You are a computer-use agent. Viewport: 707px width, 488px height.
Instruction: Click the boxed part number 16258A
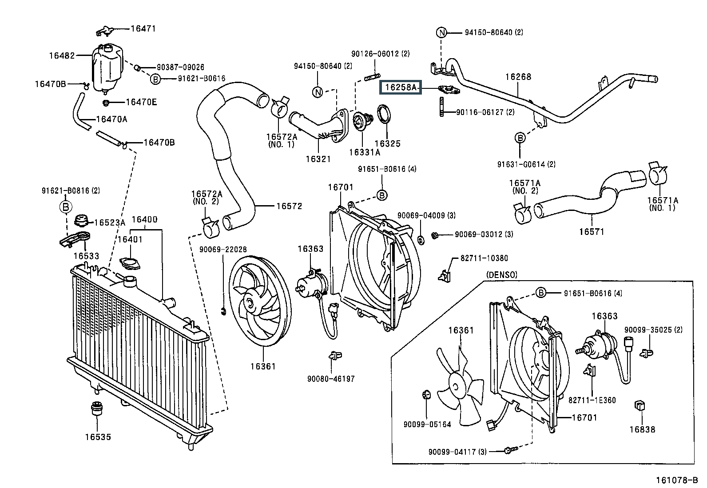[x=400, y=87]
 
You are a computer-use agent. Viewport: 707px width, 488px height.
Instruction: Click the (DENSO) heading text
[x=502, y=275]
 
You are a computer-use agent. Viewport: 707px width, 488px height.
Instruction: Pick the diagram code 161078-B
[x=677, y=480]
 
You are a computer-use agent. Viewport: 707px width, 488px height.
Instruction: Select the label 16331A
[x=364, y=152]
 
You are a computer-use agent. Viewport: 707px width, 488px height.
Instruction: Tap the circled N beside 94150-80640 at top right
[x=441, y=32]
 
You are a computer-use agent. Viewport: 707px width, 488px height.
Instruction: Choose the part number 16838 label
[x=642, y=429]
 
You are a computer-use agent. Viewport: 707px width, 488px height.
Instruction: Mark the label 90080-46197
[x=331, y=379]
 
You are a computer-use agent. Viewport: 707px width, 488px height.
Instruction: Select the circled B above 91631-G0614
[x=520, y=138]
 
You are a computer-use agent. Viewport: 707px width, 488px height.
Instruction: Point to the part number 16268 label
[x=518, y=77]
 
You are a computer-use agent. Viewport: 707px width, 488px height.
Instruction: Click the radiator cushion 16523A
[x=81, y=221]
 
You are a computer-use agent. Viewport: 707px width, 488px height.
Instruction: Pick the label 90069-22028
[x=222, y=250]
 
